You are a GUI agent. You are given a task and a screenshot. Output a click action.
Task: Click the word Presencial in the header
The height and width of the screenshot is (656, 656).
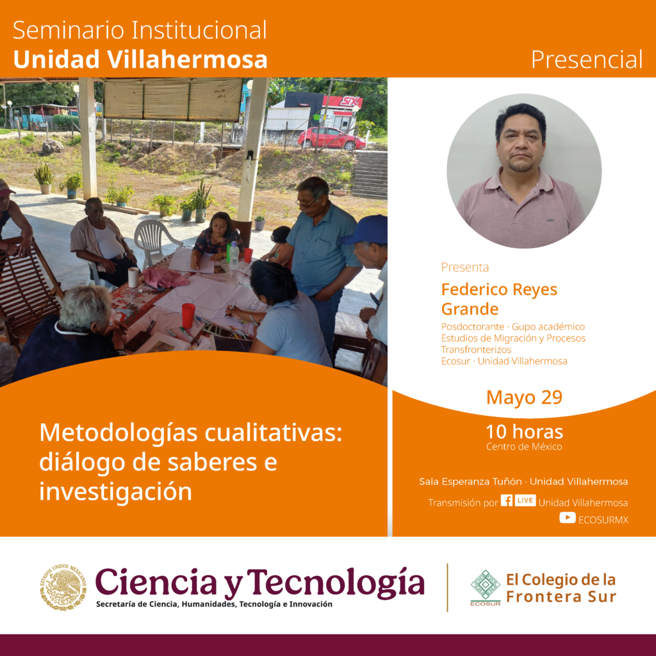tap(587, 60)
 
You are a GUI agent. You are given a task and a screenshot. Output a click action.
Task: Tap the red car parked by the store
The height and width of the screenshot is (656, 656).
tap(332, 138)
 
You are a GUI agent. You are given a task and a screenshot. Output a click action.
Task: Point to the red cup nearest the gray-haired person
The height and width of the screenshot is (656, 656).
tap(188, 315)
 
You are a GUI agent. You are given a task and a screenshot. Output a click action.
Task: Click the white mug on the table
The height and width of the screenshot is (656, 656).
tap(133, 277)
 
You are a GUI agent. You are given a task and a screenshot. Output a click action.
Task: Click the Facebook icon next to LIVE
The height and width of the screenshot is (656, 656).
tap(507, 500)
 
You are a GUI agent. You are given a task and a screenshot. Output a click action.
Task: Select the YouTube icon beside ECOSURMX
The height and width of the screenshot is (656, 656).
tap(568, 518)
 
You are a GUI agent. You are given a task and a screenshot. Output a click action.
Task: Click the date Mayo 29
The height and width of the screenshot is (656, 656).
tap(524, 397)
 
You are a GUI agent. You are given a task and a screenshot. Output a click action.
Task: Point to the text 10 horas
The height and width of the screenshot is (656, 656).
tap(524, 432)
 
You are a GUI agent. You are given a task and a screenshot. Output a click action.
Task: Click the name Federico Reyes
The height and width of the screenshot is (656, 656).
tap(499, 290)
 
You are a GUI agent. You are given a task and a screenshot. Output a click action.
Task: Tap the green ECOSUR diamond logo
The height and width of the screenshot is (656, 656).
tap(486, 586)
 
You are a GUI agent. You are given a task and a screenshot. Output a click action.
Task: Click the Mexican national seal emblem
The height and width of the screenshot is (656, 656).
tap(63, 587)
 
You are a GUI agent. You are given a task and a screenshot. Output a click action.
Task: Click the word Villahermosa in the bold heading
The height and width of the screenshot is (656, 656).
tap(188, 60)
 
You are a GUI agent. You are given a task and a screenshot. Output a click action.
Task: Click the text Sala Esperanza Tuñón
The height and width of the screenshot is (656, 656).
tap(470, 482)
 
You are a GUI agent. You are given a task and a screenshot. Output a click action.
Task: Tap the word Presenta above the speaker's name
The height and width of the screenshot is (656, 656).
tap(465, 267)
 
